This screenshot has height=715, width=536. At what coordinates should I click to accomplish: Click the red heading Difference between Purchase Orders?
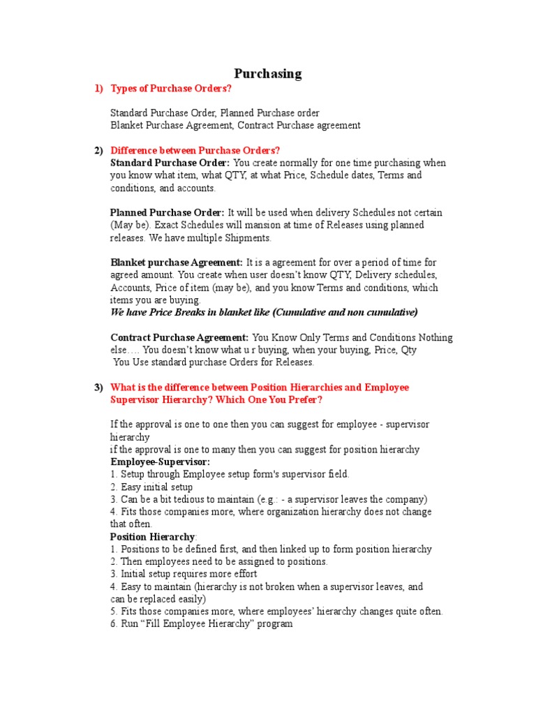pyautogui.click(x=195, y=150)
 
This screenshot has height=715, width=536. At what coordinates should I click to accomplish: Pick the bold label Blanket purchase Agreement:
pyautogui.click(x=177, y=263)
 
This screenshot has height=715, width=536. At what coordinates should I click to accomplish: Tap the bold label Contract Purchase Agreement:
pyautogui.click(x=179, y=337)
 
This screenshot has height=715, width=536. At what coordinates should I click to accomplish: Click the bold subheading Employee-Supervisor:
pyautogui.click(x=160, y=462)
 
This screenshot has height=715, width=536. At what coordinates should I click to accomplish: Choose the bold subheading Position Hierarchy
pyautogui.click(x=153, y=537)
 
